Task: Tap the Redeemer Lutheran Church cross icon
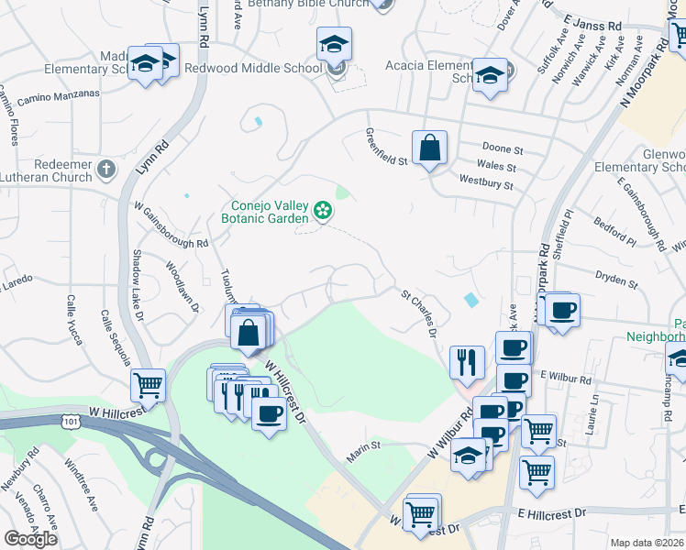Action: (107, 169)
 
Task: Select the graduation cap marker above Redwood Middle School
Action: (334, 43)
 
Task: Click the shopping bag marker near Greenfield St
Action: (429, 147)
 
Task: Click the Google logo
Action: (30, 538)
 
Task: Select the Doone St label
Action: (502, 148)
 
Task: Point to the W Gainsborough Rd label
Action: (171, 225)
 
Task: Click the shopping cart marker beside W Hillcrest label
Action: (148, 386)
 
